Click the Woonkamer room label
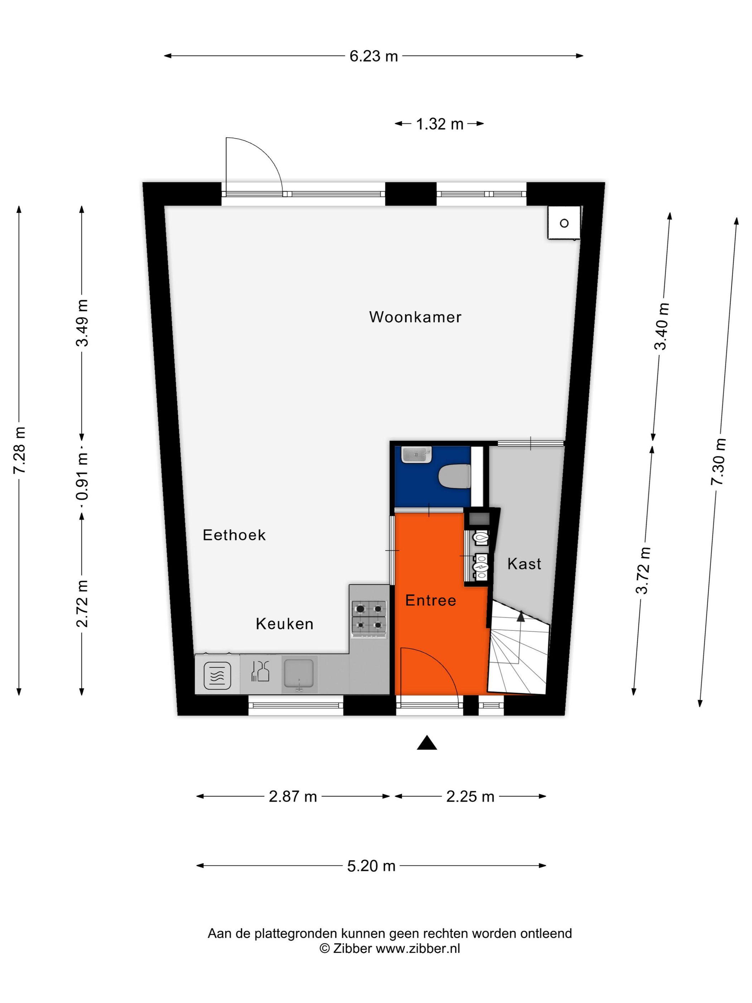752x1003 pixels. coord(415,317)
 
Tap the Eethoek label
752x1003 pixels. coord(234,535)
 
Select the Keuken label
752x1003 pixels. coord(284,624)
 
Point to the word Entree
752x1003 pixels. coord(430,600)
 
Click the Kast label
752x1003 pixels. coord(524,563)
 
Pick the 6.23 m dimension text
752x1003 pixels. coord(373,56)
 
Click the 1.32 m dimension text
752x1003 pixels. coord(439,124)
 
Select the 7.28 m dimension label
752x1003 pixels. coord(19,450)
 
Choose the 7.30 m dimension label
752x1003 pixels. coord(718,462)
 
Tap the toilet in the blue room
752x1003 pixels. coord(455,476)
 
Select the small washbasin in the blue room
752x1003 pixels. coord(416,455)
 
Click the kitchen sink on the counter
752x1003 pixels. coord(299,674)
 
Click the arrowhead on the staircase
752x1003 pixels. coord(521,616)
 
